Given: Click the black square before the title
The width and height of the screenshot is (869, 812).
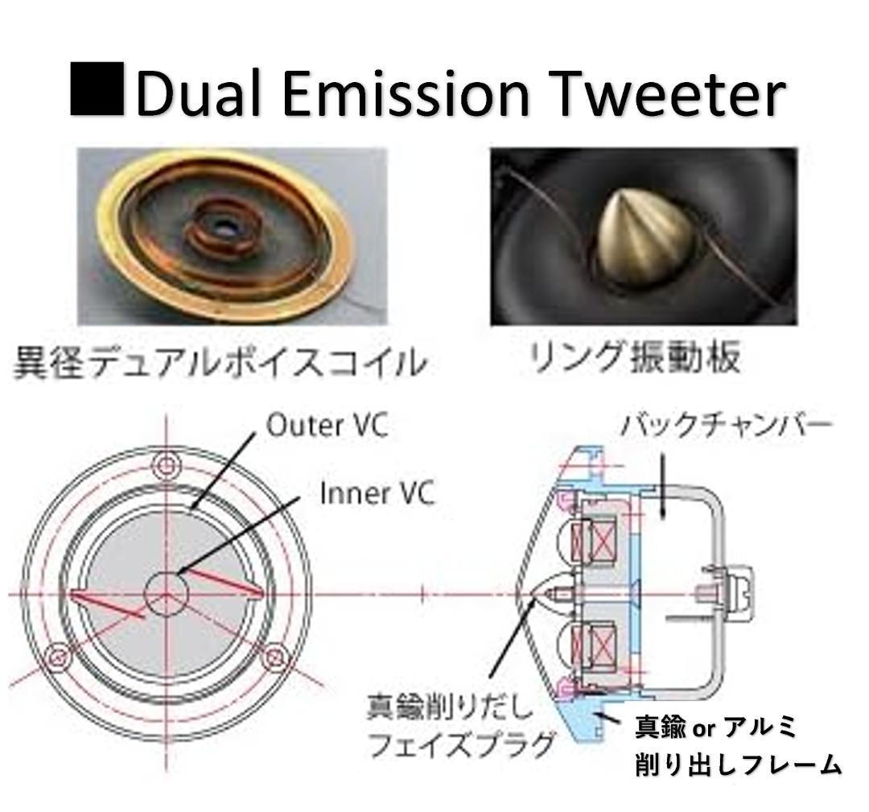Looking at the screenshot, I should tap(97, 89).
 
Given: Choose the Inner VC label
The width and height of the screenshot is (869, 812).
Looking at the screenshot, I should tap(377, 493).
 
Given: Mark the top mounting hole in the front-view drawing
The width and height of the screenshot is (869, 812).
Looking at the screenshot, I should tap(167, 465).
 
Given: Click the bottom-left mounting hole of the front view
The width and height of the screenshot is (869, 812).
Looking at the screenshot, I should tap(57, 657).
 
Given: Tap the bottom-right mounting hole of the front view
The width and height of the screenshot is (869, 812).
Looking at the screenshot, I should tap(275, 657).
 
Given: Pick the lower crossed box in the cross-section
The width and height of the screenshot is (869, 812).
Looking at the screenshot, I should tap(595, 645).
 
